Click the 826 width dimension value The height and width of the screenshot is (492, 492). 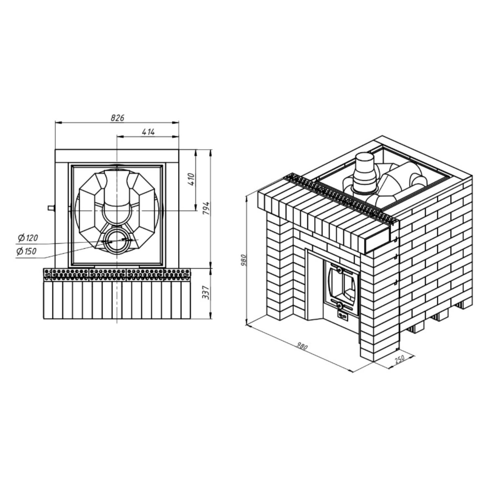click(x=117, y=118)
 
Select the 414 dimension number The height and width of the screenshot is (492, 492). click(x=148, y=132)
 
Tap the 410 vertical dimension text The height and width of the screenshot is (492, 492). click(x=192, y=178)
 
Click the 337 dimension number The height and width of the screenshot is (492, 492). click(x=206, y=292)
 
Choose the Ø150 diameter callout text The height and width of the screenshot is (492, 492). click(x=26, y=252)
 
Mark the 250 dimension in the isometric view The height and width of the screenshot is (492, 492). click(x=400, y=359)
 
